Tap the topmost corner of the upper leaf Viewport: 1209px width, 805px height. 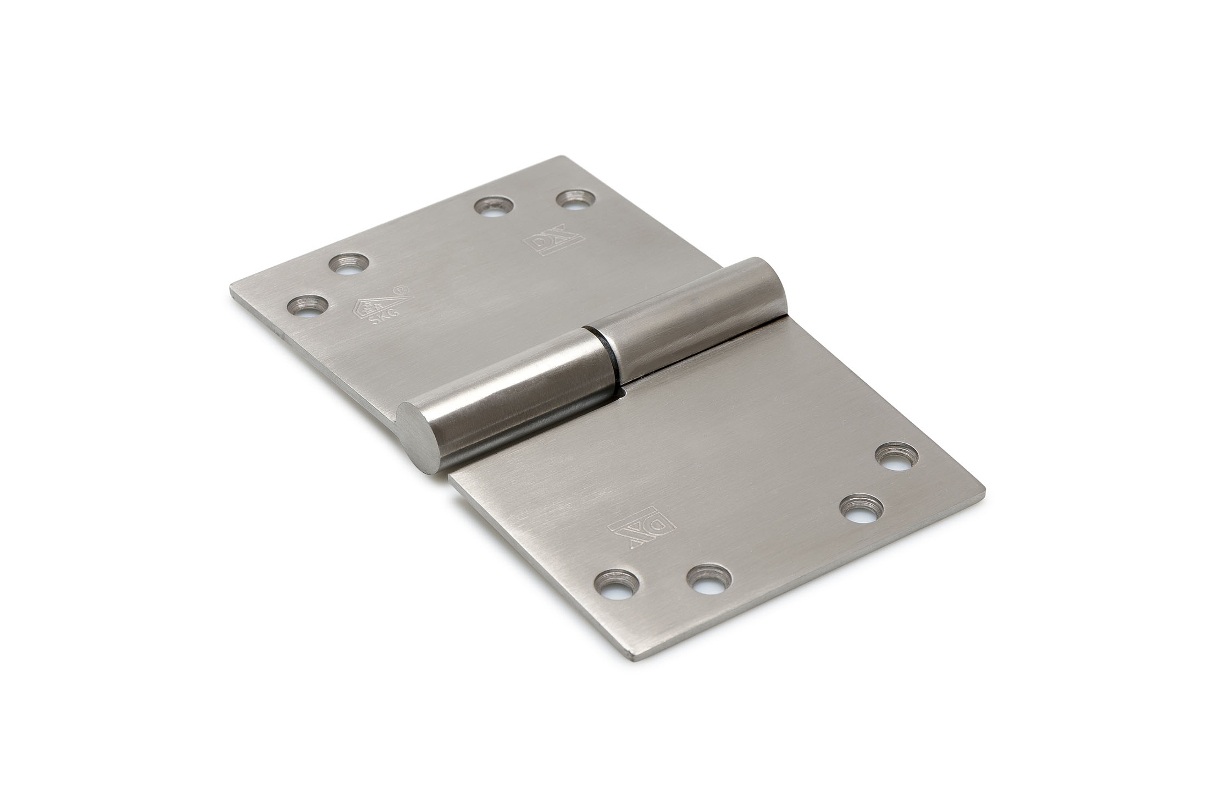pos(568,158)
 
